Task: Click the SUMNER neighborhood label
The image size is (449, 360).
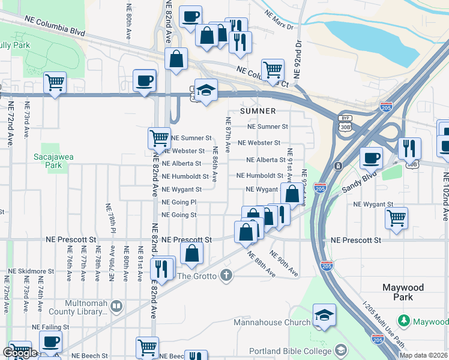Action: pyautogui.click(x=258, y=111)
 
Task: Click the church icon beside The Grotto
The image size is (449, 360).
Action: pyautogui.click(x=226, y=275)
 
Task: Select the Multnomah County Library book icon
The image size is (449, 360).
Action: pyautogui.click(x=116, y=306)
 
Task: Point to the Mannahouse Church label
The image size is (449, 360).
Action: pyautogui.click(x=272, y=322)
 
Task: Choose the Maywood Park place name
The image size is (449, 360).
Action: pyautogui.click(x=404, y=292)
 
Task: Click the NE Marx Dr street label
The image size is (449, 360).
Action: pyautogui.click(x=278, y=26)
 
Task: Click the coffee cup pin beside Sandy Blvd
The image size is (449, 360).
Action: pyautogui.click(x=371, y=158)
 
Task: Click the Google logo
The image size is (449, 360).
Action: pyautogui.click(x=19, y=353)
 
